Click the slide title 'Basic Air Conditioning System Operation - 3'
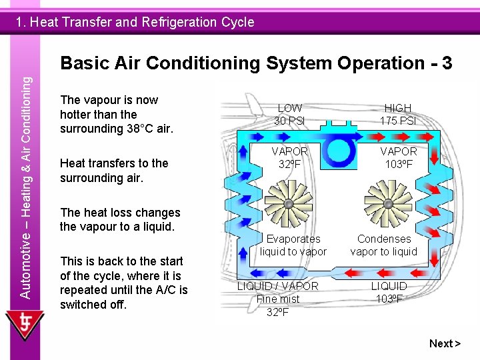click(256, 63)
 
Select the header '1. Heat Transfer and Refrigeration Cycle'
click(135, 22)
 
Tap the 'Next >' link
click(445, 343)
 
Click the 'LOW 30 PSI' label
click(289, 114)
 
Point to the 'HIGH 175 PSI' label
click(398, 114)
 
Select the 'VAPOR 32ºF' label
click(289, 158)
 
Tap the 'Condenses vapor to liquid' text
click(384, 245)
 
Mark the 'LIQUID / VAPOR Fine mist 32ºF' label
click(278, 299)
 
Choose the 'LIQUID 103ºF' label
click(389, 292)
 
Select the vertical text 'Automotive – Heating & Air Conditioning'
click(25, 187)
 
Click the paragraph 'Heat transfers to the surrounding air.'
click(114, 171)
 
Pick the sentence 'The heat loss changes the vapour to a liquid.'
click(120, 219)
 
